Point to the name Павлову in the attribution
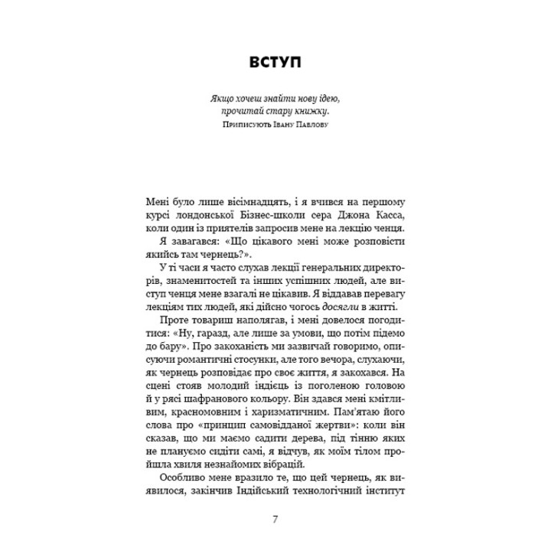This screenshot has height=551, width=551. (311, 124)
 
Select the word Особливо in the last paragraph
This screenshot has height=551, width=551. (176, 475)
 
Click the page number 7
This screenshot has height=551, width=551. (275, 520)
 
